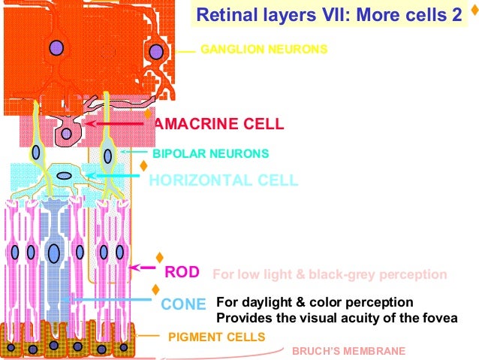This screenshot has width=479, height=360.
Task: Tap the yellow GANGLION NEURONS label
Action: coord(264,50)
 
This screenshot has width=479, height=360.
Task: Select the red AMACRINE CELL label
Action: coord(218,123)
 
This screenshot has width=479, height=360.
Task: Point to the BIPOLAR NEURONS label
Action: coord(210,153)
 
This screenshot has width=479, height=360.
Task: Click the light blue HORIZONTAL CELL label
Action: coord(223,180)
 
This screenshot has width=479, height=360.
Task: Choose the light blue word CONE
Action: coord(183,304)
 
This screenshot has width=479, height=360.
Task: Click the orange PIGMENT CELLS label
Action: coord(216,337)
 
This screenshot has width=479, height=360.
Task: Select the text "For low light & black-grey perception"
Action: coord(330,274)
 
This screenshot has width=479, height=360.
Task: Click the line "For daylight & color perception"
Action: coord(315,302)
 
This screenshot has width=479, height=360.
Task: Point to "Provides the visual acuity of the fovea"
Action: coord(336,318)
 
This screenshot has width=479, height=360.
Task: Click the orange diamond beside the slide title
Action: coord(471,12)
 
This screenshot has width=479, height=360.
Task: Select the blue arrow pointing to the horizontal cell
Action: coord(113,175)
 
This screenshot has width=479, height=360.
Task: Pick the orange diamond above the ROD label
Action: coord(158,258)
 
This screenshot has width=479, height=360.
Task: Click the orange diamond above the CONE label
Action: coord(155,289)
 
